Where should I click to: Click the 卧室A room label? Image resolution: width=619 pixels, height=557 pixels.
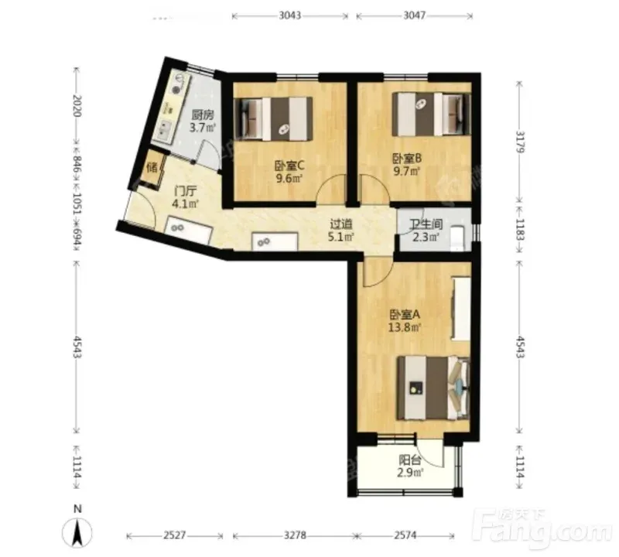click(405, 315)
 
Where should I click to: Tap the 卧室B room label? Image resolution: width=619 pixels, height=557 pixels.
click(407, 159)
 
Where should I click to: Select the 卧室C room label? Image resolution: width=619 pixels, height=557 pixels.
click(289, 166)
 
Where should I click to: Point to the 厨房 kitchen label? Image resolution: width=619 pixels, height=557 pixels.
click(203, 114)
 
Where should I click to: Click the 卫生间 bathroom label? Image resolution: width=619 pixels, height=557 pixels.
click(426, 224)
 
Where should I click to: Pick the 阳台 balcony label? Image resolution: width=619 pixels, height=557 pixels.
click(410, 460)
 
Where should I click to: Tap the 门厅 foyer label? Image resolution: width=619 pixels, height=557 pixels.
click(185, 191)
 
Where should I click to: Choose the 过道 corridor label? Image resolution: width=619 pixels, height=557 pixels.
click(341, 224)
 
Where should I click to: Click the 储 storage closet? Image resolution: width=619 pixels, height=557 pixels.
click(152, 168)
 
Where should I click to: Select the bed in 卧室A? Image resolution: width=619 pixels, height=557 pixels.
click(433, 388)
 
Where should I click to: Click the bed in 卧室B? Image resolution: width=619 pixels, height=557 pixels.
click(432, 114)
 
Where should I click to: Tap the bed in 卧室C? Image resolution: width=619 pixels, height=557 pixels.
click(274, 119)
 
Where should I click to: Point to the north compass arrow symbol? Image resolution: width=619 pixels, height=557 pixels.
click(78, 532)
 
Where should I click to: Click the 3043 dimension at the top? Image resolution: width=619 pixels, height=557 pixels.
click(289, 15)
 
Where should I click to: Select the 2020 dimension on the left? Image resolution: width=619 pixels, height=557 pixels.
click(77, 106)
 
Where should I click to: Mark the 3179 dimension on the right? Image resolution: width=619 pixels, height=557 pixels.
click(520, 142)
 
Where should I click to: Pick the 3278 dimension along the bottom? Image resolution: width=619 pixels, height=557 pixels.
click(296, 535)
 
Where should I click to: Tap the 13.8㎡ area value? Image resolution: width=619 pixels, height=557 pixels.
click(404, 328)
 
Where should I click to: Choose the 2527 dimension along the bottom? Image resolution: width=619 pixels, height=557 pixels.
click(175, 535)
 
